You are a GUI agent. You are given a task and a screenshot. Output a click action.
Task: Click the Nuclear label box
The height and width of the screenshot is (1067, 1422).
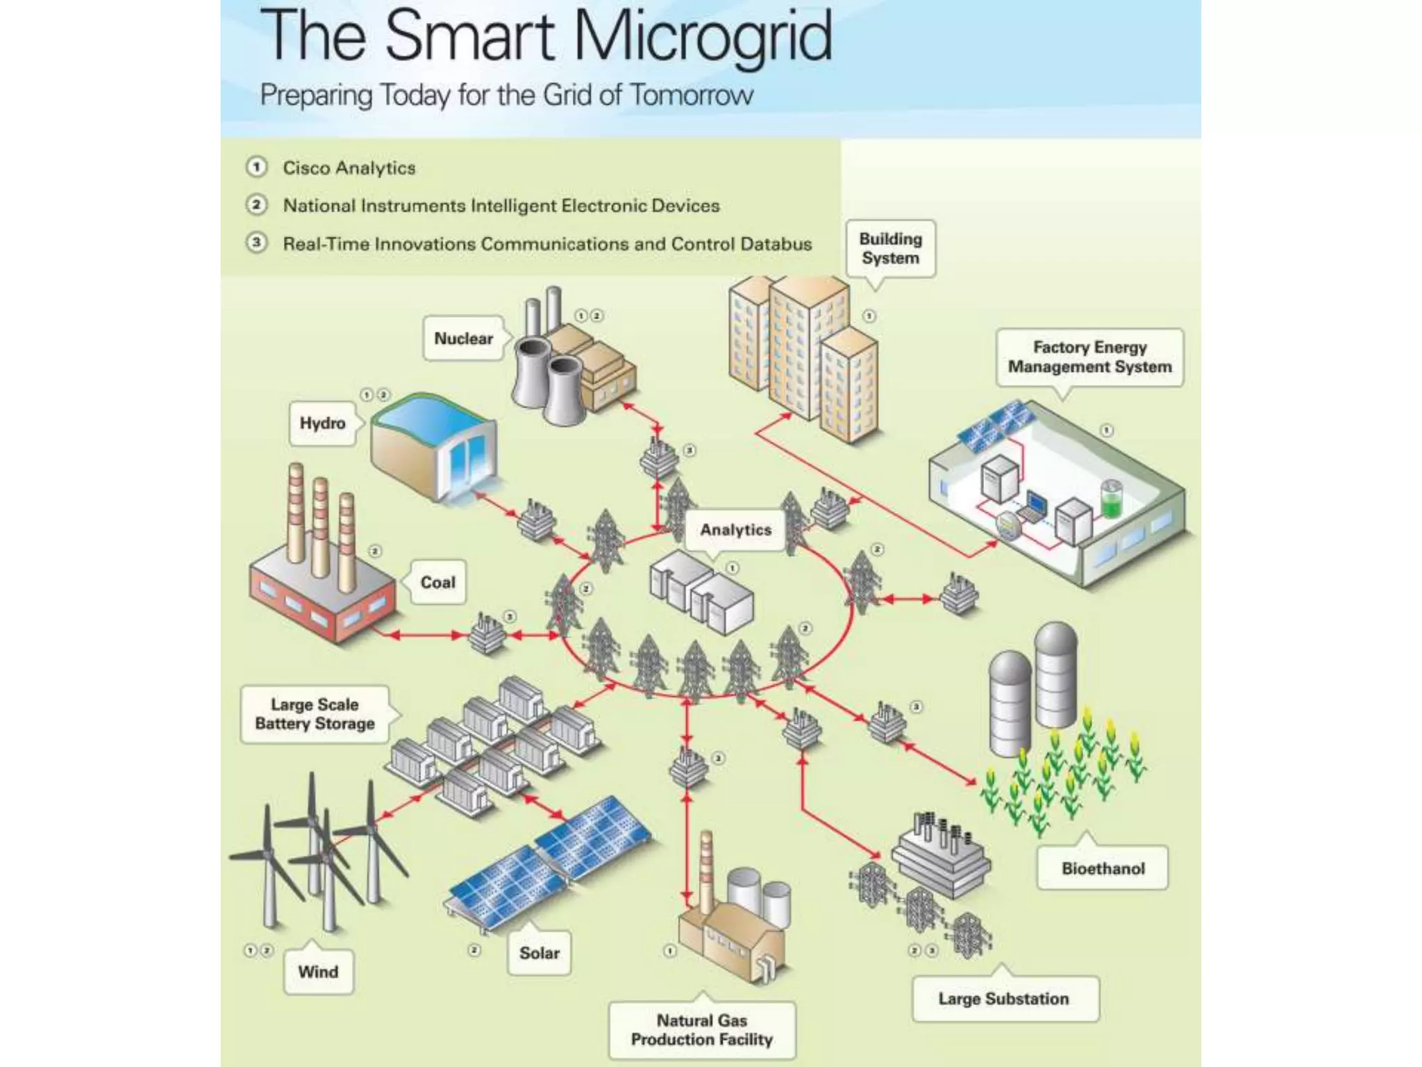tap(463, 338)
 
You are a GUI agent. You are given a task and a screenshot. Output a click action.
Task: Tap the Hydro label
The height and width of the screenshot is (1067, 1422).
tap(322, 423)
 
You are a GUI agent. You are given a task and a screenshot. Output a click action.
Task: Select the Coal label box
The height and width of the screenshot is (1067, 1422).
tap(437, 582)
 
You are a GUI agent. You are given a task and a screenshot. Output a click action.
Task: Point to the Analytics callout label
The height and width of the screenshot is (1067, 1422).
tap(735, 530)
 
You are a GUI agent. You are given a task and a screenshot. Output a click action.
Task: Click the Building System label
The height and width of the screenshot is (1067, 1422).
tap(890, 249)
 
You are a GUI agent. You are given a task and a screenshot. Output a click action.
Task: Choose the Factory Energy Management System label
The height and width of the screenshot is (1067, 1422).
tap(1089, 357)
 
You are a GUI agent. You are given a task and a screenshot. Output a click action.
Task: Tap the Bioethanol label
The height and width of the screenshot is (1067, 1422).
tap(1103, 868)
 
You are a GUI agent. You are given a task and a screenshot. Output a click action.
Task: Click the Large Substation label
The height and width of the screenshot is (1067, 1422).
tap(1003, 999)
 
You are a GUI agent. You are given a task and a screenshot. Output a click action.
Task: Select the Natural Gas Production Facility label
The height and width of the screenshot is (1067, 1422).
tap(702, 1030)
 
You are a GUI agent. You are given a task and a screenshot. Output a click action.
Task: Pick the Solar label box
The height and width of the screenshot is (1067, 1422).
tap(539, 953)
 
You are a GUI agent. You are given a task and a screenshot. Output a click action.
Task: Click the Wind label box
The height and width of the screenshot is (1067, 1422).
tap(318, 972)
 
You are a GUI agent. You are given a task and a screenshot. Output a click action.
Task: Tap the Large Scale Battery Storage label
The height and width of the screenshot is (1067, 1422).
tap(315, 714)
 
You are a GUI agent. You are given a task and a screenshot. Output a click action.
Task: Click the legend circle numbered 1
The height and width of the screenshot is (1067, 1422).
tap(257, 167)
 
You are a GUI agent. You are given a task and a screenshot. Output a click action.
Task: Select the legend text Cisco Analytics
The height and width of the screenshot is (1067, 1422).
tap(349, 168)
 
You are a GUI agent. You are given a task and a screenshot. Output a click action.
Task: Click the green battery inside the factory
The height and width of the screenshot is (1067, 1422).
tap(1111, 499)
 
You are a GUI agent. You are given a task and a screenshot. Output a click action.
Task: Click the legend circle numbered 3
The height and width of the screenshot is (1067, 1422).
tap(257, 243)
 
